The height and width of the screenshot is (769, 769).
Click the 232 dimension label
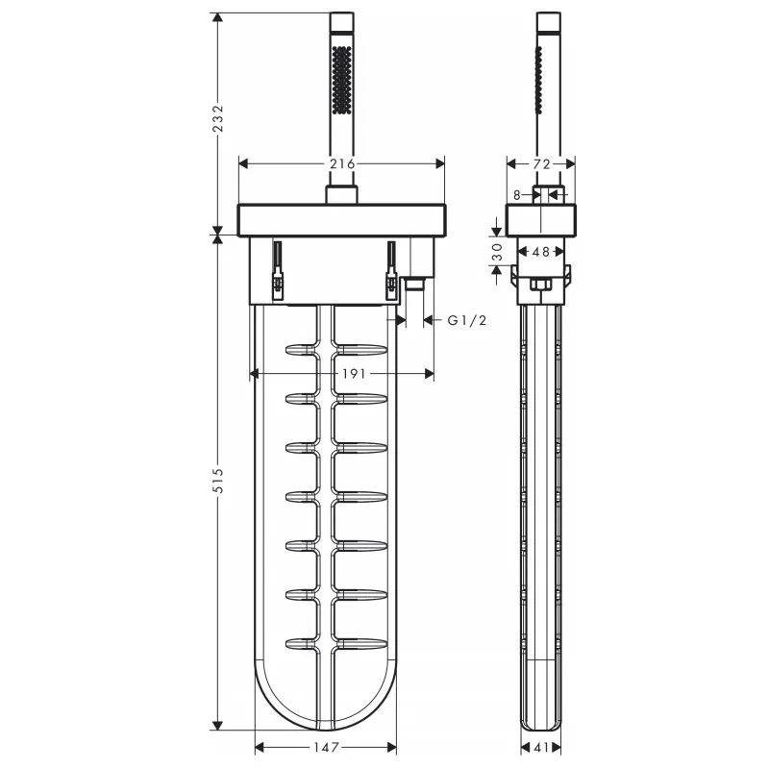click(x=218, y=118)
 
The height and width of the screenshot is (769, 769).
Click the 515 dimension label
click(x=218, y=481)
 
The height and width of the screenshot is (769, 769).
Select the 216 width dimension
click(x=342, y=163)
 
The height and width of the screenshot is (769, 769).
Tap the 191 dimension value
click(x=354, y=374)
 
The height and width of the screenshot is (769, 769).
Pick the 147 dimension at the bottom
click(x=326, y=748)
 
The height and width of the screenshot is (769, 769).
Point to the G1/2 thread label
click(x=467, y=321)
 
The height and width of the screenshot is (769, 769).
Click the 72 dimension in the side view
click(x=541, y=164)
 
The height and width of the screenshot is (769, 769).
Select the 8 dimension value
click(x=516, y=195)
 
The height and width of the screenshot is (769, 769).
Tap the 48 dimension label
click(x=540, y=252)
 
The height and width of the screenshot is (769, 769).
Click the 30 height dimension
click(x=497, y=252)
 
